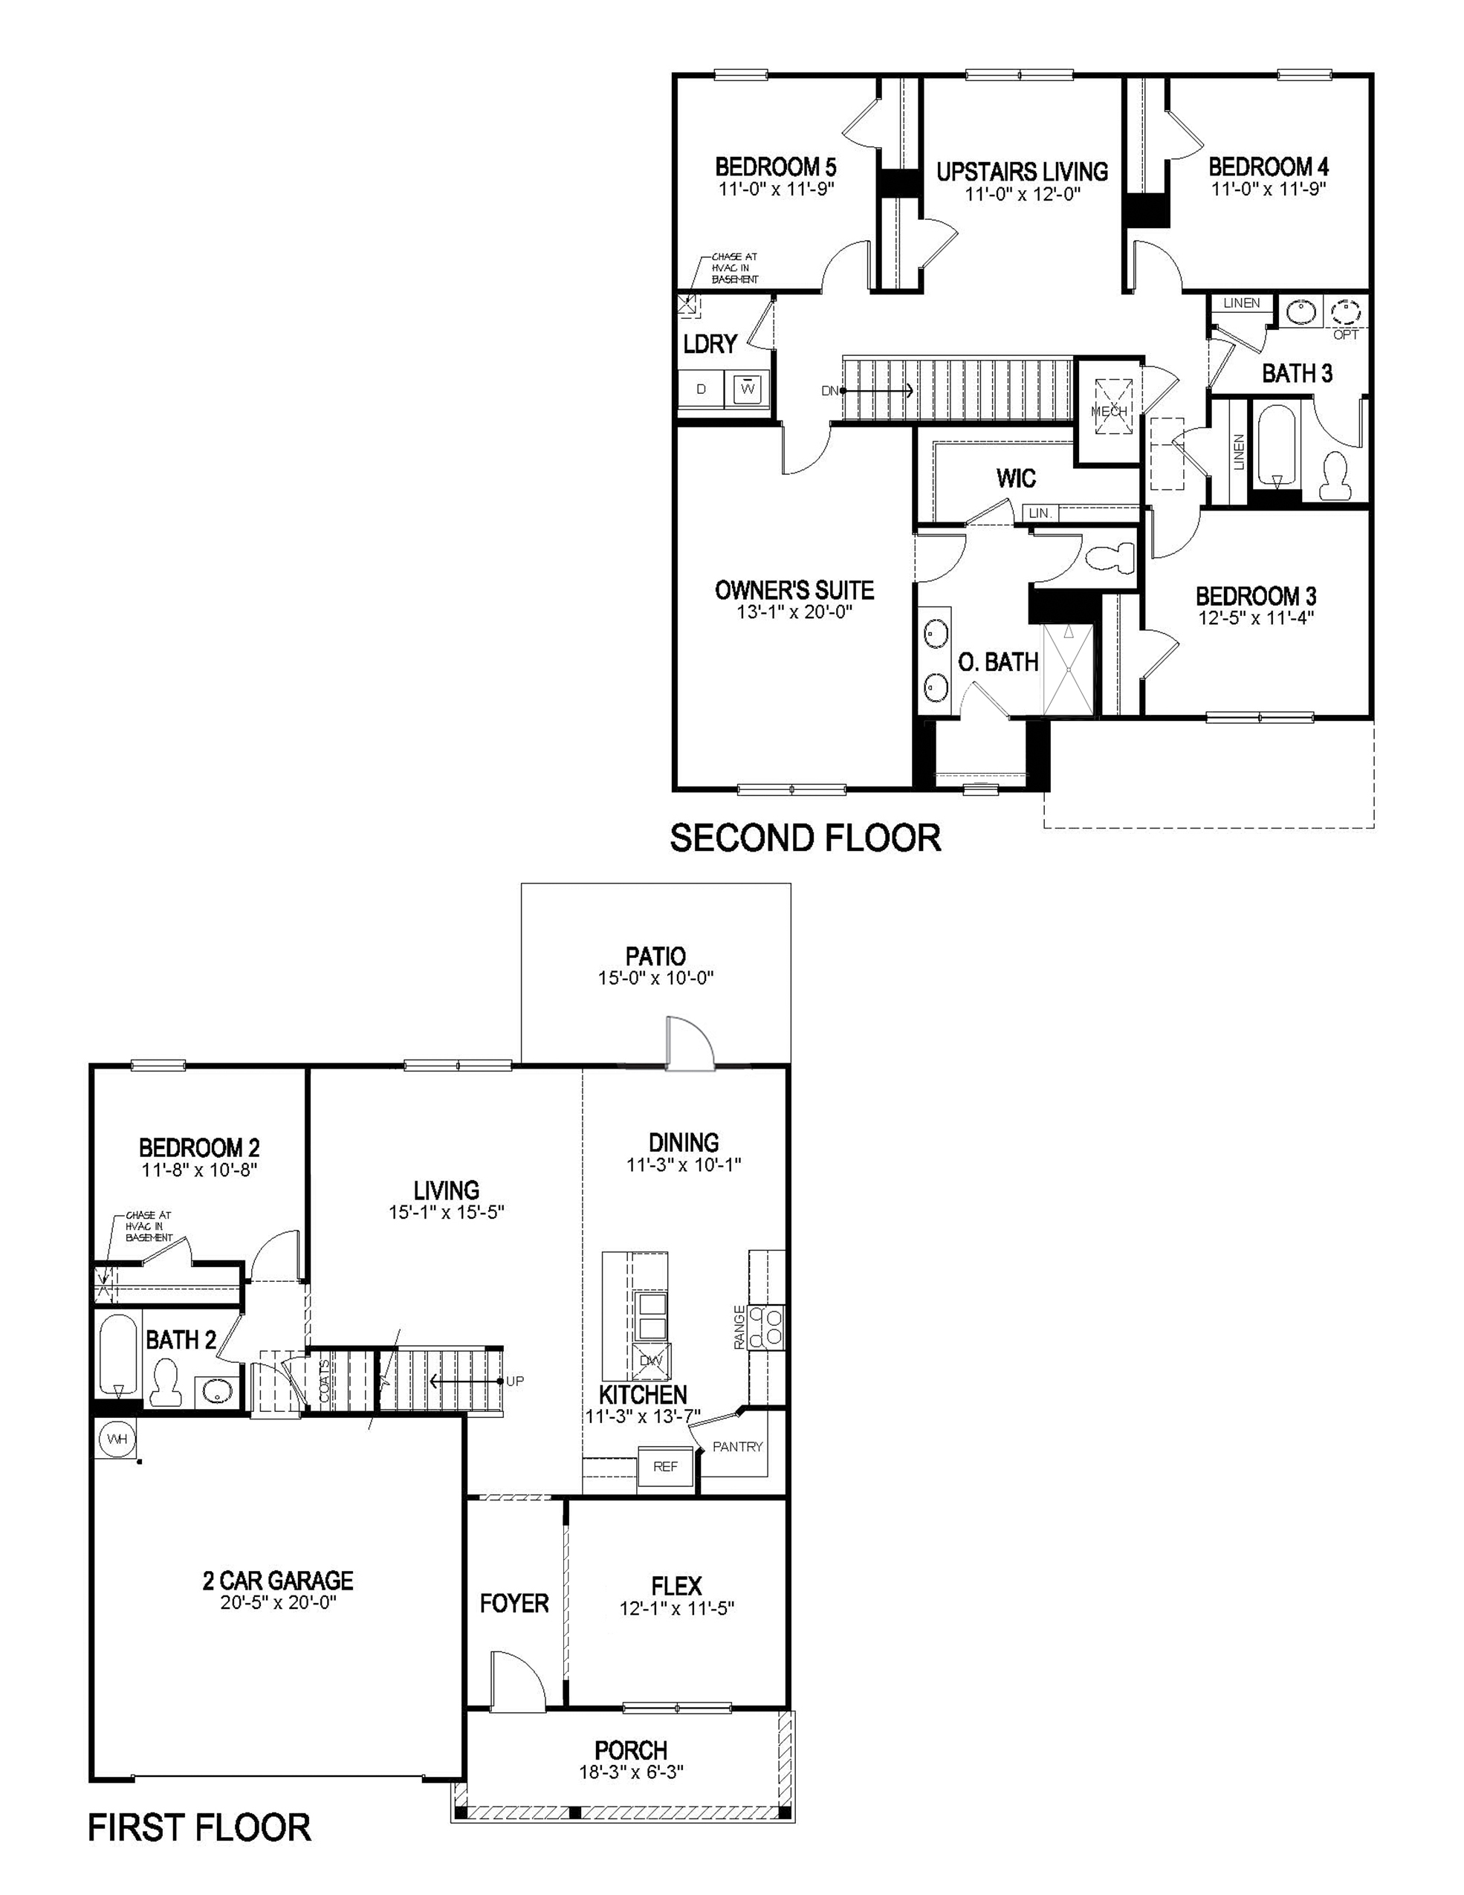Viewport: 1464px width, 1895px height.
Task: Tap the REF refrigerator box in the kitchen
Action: pos(666,1466)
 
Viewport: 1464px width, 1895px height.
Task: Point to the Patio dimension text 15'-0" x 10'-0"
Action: pos(655,978)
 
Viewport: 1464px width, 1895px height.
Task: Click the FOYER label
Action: pos(514,1604)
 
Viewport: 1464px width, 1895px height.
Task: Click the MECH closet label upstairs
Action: pos(1108,411)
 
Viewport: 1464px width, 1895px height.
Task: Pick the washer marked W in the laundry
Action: pos(747,389)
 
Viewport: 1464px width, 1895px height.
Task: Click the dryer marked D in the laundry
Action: pos(702,389)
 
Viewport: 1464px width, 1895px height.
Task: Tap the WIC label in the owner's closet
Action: pos(1015,478)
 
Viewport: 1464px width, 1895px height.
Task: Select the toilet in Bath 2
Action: pos(164,1384)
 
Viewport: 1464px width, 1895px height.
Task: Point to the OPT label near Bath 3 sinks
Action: pos(1345,334)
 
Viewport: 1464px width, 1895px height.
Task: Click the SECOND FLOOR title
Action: pos(805,838)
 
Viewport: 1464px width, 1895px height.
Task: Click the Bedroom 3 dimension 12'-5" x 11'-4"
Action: pos(1256,618)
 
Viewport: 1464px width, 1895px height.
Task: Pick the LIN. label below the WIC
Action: pos(1040,514)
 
